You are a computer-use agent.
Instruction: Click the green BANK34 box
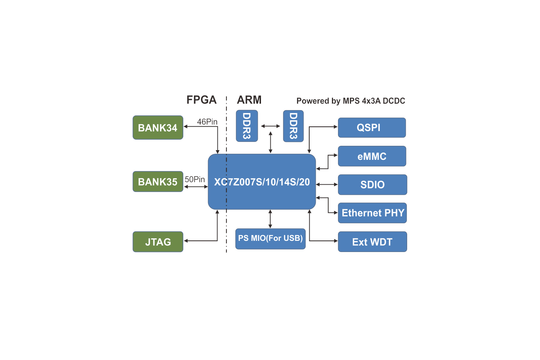click(x=158, y=127)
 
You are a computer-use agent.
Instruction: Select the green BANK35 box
click(x=158, y=181)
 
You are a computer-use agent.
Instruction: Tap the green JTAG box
click(x=158, y=242)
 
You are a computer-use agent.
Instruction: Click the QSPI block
click(x=372, y=127)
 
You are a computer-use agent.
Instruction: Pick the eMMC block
click(x=372, y=156)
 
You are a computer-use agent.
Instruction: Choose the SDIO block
click(x=372, y=185)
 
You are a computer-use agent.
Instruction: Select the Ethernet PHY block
click(x=372, y=213)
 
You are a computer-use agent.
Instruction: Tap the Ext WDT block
click(x=372, y=242)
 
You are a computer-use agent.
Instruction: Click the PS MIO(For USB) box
click(x=270, y=239)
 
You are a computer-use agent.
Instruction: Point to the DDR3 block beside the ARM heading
click(x=247, y=126)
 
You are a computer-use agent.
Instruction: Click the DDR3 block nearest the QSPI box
click(x=293, y=126)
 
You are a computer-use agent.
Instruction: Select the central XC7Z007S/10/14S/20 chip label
click(x=262, y=182)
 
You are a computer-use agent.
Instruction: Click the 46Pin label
click(x=207, y=122)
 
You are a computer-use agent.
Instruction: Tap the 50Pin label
click(x=195, y=179)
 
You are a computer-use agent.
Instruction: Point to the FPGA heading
click(x=201, y=100)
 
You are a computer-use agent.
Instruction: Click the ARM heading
click(x=249, y=100)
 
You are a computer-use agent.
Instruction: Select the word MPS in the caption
click(x=351, y=101)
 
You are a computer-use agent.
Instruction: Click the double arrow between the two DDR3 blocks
click(x=270, y=126)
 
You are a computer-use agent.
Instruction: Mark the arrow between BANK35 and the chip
click(x=196, y=187)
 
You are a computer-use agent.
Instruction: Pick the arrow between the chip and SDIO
click(x=327, y=185)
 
